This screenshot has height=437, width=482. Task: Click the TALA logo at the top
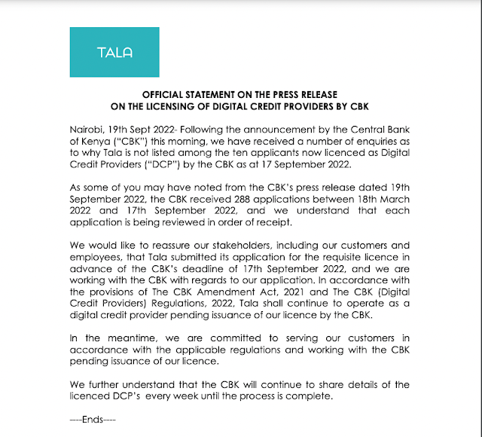tap(114, 52)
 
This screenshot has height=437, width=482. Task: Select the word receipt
tap(305, 223)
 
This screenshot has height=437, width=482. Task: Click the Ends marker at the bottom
tap(90, 418)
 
